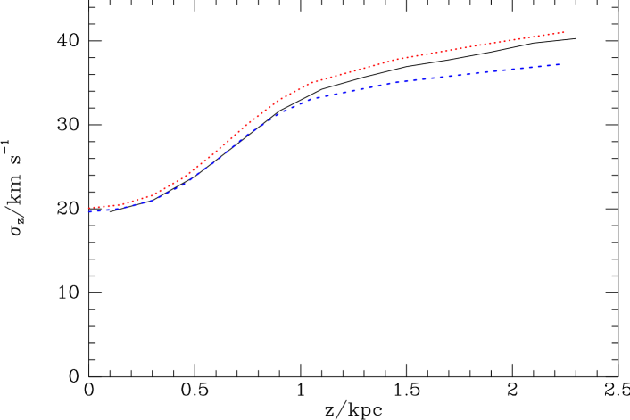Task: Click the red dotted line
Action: pos(357,70)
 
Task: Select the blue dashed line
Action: pos(357,90)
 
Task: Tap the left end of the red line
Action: pos(88,208)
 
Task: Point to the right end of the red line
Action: pos(564,32)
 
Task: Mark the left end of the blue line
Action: pos(88,212)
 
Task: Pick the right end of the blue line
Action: pos(560,64)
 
